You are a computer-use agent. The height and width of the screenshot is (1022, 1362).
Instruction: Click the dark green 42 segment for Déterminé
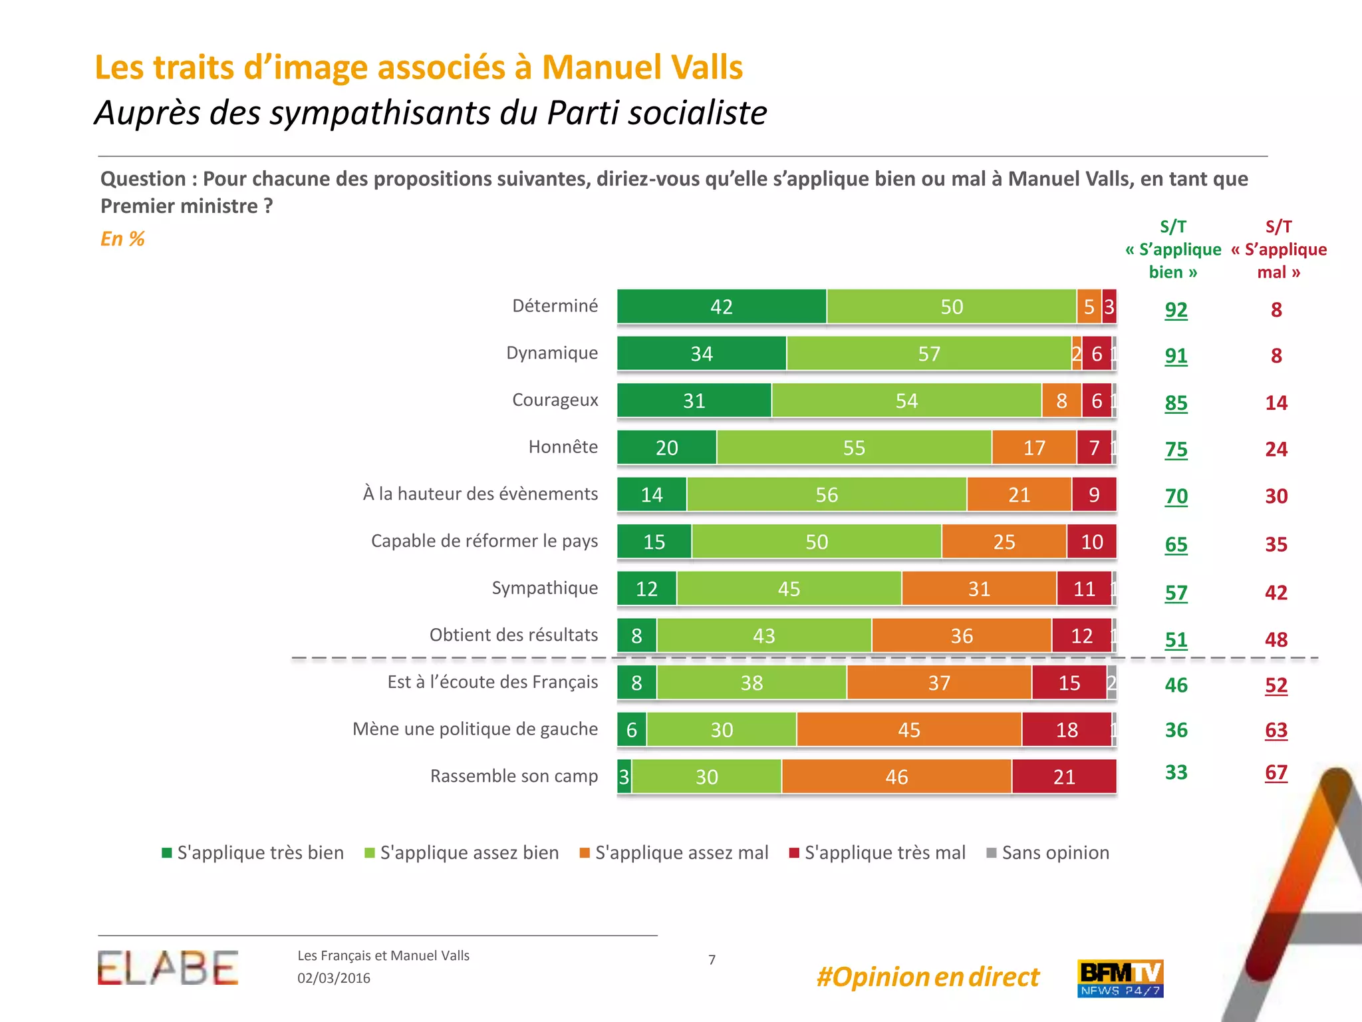tap(722, 307)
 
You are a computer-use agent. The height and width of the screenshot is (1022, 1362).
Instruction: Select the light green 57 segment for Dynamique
tap(929, 353)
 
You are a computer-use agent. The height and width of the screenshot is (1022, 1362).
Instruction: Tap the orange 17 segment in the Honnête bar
tap(1034, 447)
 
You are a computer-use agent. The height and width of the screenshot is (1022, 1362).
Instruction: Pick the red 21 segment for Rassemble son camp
tap(1064, 776)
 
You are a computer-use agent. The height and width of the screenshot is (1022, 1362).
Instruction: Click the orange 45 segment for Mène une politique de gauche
tap(909, 729)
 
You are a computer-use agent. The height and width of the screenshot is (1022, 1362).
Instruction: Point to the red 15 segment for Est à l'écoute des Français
tap(1069, 683)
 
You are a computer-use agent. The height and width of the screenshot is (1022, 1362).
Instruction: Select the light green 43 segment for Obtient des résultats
tap(764, 635)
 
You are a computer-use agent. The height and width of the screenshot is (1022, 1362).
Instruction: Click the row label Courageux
tap(555, 400)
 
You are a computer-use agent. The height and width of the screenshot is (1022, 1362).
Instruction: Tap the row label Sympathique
tap(545, 588)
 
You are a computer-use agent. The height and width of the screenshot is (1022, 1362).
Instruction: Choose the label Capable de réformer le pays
tap(484, 541)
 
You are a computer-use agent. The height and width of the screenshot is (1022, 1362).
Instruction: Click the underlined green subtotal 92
tap(1176, 310)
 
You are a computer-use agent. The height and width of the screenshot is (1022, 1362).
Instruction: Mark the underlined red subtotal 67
tap(1276, 772)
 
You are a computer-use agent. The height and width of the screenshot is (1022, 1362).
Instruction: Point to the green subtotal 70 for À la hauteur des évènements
tap(1176, 496)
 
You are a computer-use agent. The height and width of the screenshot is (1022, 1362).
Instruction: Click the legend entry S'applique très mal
tap(877, 853)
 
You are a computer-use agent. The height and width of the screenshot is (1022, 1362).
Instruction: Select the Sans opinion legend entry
tap(1048, 853)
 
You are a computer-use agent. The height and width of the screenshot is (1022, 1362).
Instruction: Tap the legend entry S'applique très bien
tap(253, 853)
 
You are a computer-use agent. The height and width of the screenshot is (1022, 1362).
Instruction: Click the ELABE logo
tap(168, 968)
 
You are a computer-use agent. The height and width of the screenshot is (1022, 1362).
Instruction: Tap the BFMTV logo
tap(1120, 978)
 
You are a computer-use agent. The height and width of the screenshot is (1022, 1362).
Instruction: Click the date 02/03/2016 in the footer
tap(334, 978)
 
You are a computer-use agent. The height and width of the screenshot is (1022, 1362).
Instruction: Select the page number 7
tap(712, 959)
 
